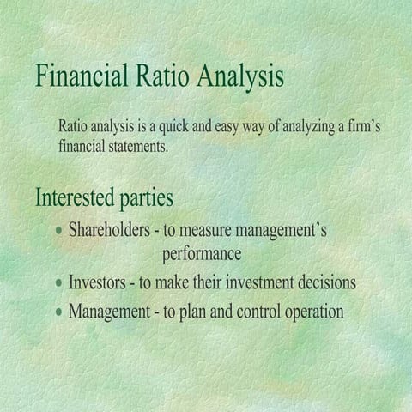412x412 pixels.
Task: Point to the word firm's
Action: pos(360,127)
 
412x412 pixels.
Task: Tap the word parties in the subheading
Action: pos(147,197)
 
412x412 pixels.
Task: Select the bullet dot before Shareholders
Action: pos(58,232)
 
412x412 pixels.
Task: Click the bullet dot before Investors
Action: pos(58,282)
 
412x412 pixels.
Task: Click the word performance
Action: pos(202,255)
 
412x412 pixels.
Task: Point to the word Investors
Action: pos(98,282)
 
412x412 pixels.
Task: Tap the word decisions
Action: pos(326,282)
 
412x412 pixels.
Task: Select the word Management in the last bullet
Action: pos(108,312)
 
